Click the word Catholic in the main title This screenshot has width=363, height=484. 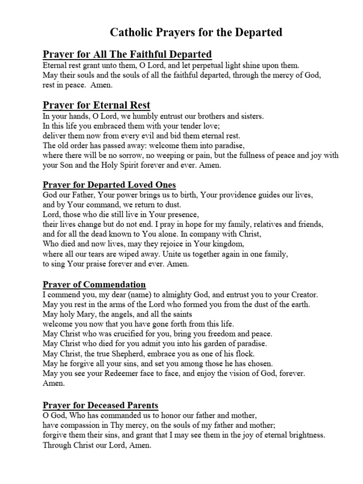[x=130, y=32]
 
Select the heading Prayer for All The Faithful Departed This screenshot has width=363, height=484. [x=127, y=54]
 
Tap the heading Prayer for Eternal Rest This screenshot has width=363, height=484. [x=96, y=104]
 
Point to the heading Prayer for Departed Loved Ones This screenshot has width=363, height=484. [x=109, y=184]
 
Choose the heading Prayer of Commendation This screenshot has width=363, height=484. [x=94, y=284]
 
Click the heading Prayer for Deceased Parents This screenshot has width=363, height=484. [x=100, y=405]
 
